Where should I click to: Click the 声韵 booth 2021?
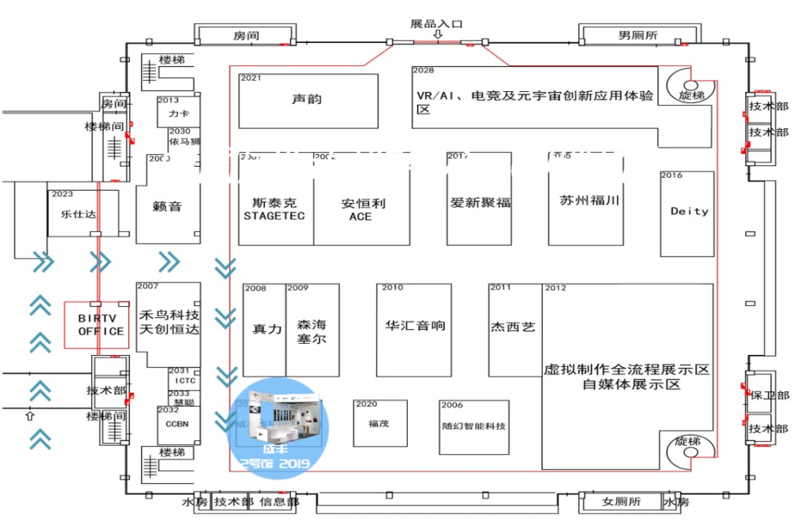[x=307, y=99]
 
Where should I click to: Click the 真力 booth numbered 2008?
[x=266, y=328]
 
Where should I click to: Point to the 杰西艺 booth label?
[x=513, y=326]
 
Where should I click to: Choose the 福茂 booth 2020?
[x=379, y=424]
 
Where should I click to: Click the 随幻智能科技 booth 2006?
[x=474, y=427]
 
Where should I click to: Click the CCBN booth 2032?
[x=179, y=425]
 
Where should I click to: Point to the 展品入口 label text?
[x=436, y=24]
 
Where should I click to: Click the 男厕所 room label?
[x=639, y=35]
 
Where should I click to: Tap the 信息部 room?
[x=277, y=503]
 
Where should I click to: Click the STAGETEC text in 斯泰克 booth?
[x=274, y=216]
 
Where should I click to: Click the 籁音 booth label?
[x=168, y=207]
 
